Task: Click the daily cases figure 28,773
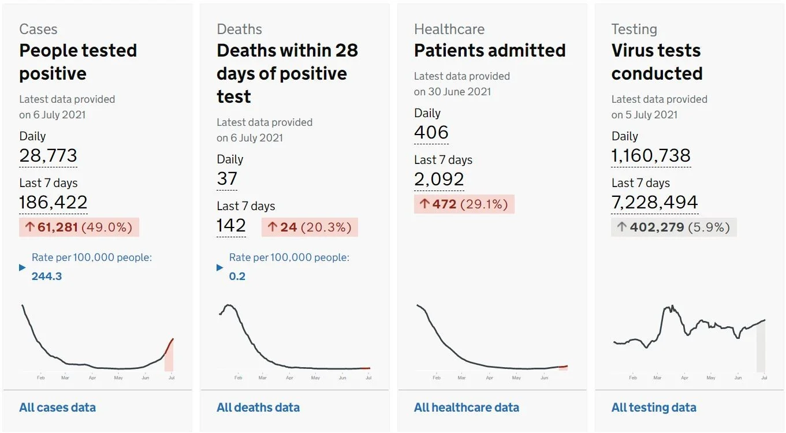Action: (48, 155)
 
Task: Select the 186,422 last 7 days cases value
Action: (53, 202)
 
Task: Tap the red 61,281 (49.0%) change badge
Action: (79, 227)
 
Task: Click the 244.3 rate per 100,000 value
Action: (47, 276)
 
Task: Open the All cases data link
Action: (58, 408)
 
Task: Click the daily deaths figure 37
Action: (227, 178)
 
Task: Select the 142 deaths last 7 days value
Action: (231, 225)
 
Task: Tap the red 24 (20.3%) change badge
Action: (310, 227)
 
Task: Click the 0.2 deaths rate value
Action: (237, 276)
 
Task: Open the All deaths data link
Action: (258, 408)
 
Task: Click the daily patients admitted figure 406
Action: (431, 132)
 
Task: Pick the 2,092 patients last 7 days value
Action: (439, 179)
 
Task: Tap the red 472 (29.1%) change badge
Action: (464, 204)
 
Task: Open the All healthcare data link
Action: (467, 408)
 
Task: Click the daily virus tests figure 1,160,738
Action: (651, 155)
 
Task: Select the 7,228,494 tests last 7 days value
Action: (655, 202)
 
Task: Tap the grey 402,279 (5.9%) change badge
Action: (674, 227)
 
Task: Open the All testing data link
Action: (654, 408)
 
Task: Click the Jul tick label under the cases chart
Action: (172, 378)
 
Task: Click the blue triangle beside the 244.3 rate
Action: (23, 267)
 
